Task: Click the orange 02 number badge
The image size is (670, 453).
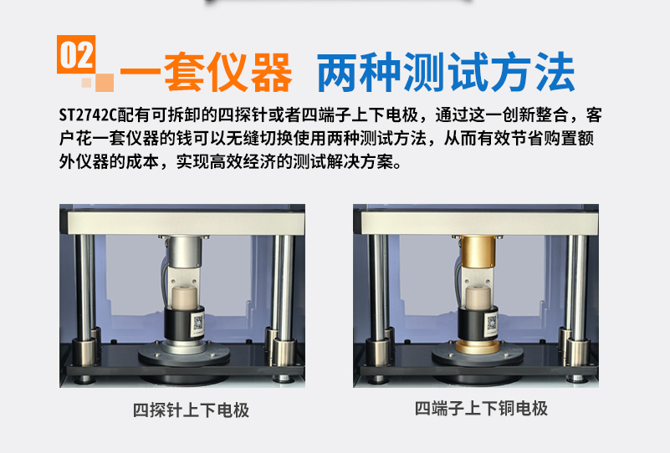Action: pyautogui.click(x=76, y=54)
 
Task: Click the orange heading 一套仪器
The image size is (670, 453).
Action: pyautogui.click(x=206, y=72)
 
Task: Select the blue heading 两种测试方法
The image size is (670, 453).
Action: pyautogui.click(x=446, y=72)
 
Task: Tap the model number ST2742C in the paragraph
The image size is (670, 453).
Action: pyautogui.click(x=88, y=115)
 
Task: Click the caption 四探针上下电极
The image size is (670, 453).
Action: pyautogui.click(x=191, y=410)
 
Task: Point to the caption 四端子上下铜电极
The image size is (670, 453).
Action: pyautogui.click(x=481, y=409)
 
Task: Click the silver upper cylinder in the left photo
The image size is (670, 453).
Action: pyautogui.click(x=184, y=252)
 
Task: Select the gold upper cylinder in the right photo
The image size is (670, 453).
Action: pyautogui.click(x=478, y=252)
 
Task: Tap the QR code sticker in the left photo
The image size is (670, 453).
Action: pyautogui.click(x=197, y=324)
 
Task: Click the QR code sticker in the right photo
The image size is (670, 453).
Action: pyautogui.click(x=491, y=324)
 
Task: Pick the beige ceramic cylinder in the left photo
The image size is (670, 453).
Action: pyautogui.click(x=185, y=298)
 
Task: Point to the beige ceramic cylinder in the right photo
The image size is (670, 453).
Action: pyautogui.click(x=478, y=298)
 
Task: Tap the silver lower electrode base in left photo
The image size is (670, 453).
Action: pyautogui.click(x=184, y=346)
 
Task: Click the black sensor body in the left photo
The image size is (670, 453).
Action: pyautogui.click(x=184, y=323)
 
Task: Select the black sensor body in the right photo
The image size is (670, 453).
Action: pyautogui.click(x=478, y=323)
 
